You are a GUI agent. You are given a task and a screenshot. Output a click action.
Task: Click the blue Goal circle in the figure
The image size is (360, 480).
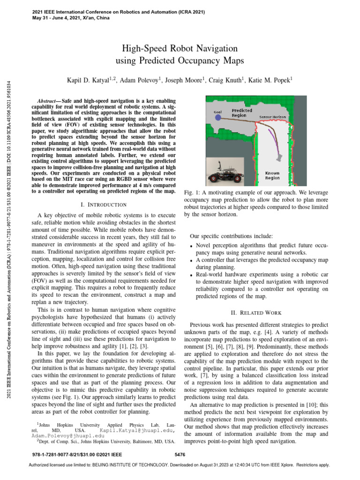(x=217, y=118)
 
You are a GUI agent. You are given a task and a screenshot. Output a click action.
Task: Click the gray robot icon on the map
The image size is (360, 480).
(x=280, y=157)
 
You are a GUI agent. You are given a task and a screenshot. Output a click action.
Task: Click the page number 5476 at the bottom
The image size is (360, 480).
(x=180, y=454)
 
